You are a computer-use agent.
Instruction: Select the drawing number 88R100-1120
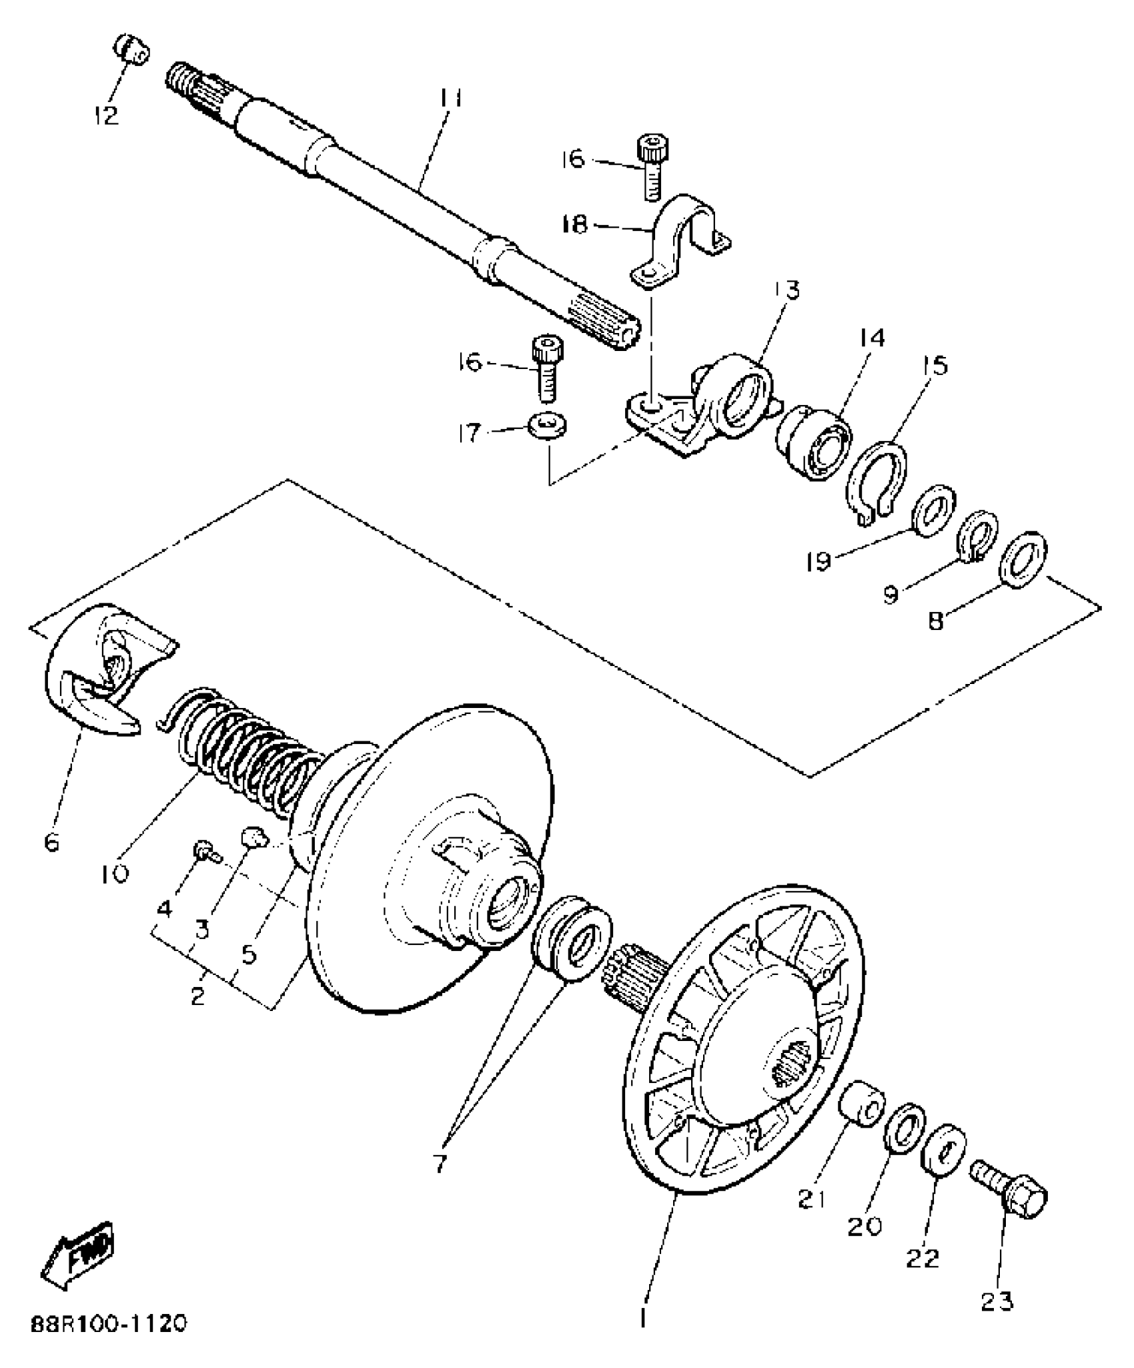[107, 1323]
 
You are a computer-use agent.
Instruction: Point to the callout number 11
[452, 98]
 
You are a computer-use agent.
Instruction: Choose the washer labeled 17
[546, 425]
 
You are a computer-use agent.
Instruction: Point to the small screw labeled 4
[203, 851]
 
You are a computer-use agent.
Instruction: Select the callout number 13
[786, 290]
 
